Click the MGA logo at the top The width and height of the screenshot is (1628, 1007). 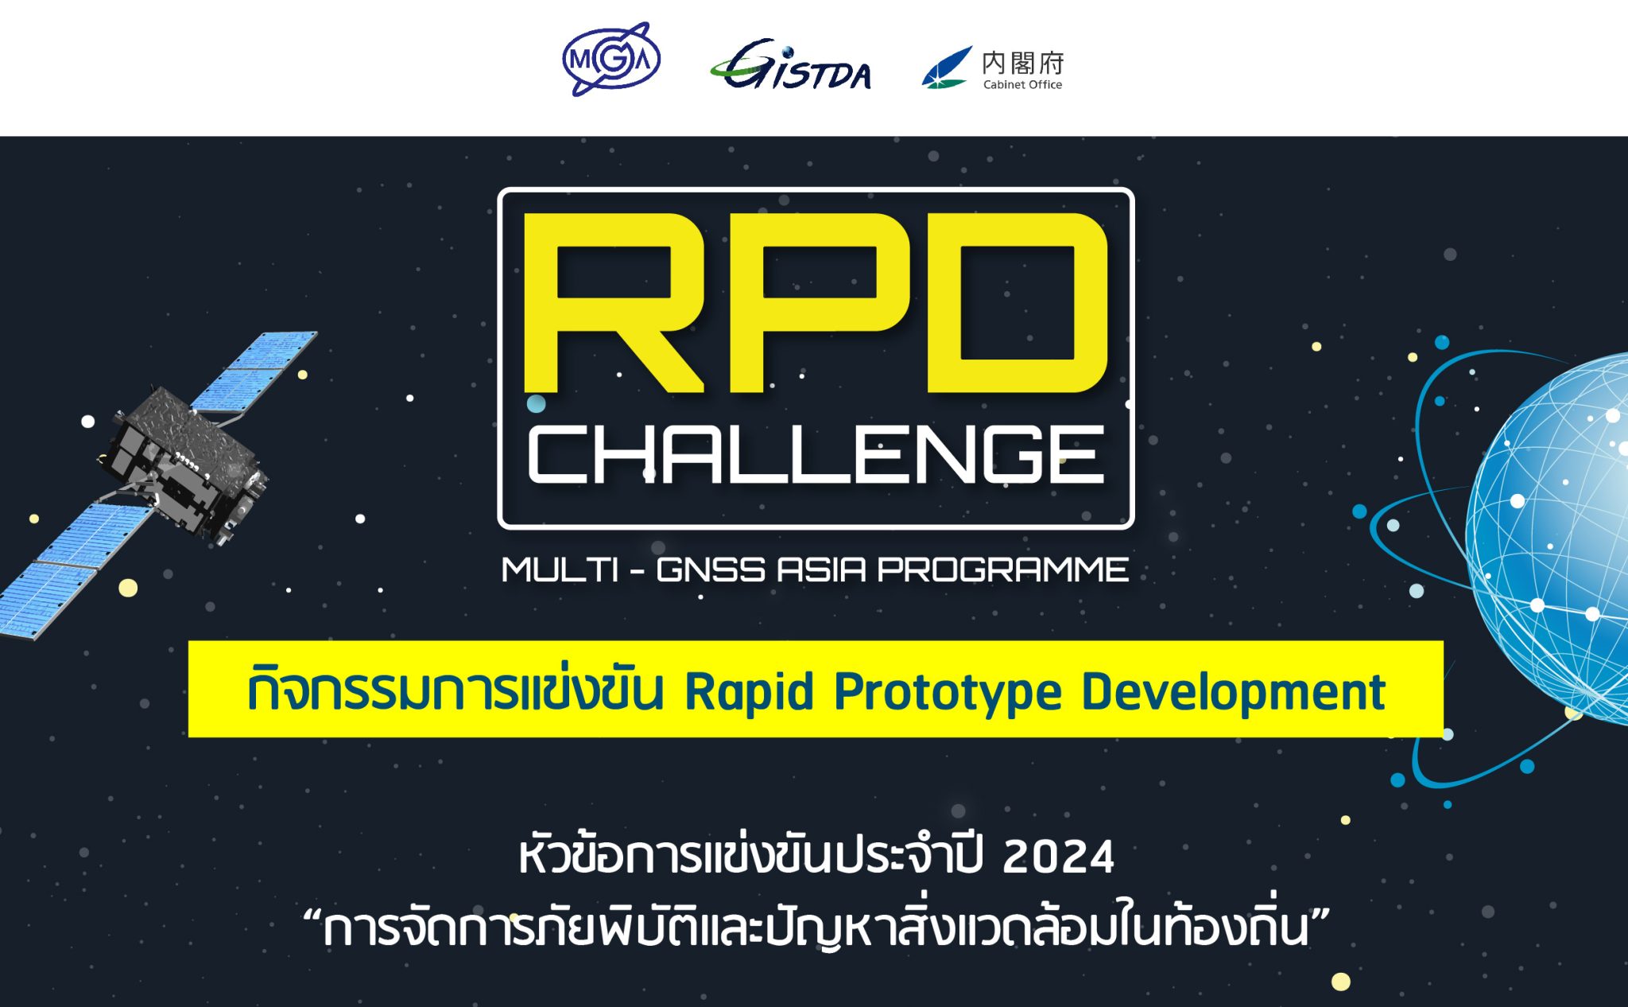click(610, 60)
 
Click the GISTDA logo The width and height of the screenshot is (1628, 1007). click(791, 65)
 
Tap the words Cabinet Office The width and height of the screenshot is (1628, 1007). click(1022, 84)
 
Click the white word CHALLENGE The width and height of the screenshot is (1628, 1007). click(816, 454)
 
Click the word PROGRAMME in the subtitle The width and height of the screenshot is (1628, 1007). click(1002, 570)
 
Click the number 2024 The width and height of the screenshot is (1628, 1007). click(1058, 857)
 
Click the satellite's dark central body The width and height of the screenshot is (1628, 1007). click(187, 461)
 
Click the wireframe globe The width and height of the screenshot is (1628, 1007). click(1550, 541)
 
